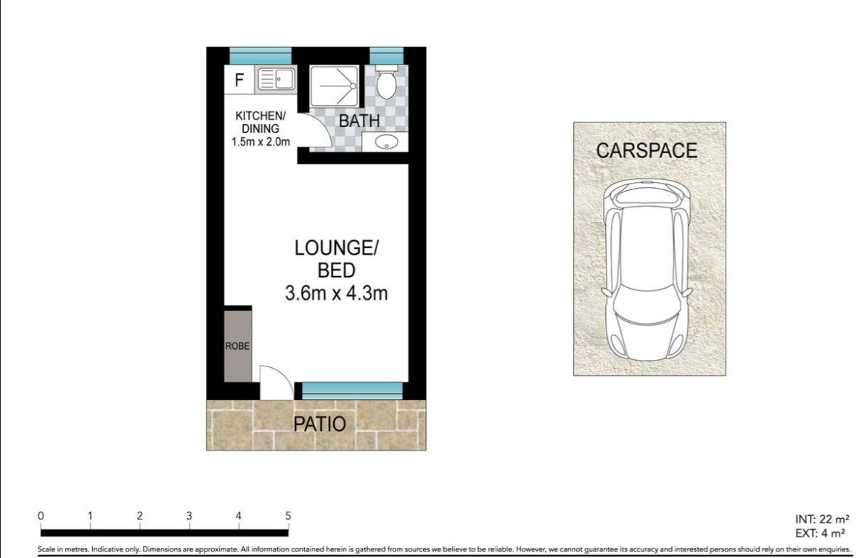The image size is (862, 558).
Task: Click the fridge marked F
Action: [239, 80]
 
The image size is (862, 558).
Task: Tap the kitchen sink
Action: [276, 79]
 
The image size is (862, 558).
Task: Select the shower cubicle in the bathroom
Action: [334, 86]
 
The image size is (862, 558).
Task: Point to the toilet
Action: [387, 81]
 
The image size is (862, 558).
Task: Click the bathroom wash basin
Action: [386, 142]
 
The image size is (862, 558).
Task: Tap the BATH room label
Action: [359, 120]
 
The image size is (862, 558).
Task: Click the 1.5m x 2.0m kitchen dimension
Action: [260, 141]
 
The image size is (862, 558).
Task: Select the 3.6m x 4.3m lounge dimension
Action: [336, 292]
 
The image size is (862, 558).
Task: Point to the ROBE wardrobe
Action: [237, 346]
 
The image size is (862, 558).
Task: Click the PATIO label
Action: [319, 424]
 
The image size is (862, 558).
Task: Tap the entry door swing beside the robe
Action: [276, 382]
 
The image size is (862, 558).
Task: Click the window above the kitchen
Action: [260, 56]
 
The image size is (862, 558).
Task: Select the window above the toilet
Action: [387, 56]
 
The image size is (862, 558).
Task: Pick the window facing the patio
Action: [352, 391]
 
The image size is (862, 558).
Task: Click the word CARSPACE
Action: [646, 151]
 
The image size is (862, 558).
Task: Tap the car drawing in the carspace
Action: [646, 271]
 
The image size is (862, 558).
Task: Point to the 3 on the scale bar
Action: [189, 516]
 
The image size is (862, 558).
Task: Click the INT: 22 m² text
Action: [822, 519]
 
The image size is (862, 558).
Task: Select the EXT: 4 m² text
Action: [820, 533]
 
